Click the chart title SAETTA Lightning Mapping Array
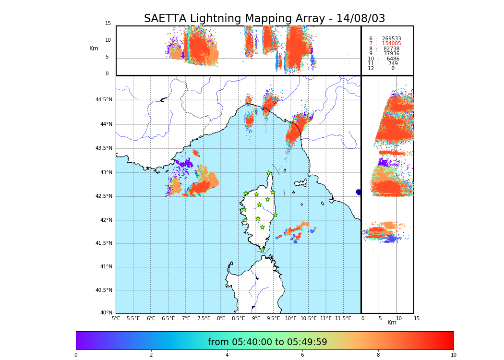[x=264, y=19]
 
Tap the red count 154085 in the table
[x=391, y=44]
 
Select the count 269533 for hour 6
[x=391, y=38]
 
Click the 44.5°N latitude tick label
[x=104, y=100]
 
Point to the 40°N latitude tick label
[x=106, y=313]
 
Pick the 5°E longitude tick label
[x=116, y=319]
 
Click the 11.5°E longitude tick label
[x=343, y=319]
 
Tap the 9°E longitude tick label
[x=256, y=319]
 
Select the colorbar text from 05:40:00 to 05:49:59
[x=267, y=342]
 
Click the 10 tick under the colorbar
[x=453, y=355]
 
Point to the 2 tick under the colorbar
[x=151, y=355]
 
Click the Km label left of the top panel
[x=94, y=48]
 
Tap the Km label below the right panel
[x=392, y=323]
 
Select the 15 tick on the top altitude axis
[x=108, y=24]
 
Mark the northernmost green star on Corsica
[x=269, y=173]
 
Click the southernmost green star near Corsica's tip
[x=262, y=250]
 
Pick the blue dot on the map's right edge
[x=359, y=192]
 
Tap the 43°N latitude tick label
[x=106, y=173]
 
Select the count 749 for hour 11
[x=393, y=63]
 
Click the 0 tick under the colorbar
[x=76, y=355]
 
